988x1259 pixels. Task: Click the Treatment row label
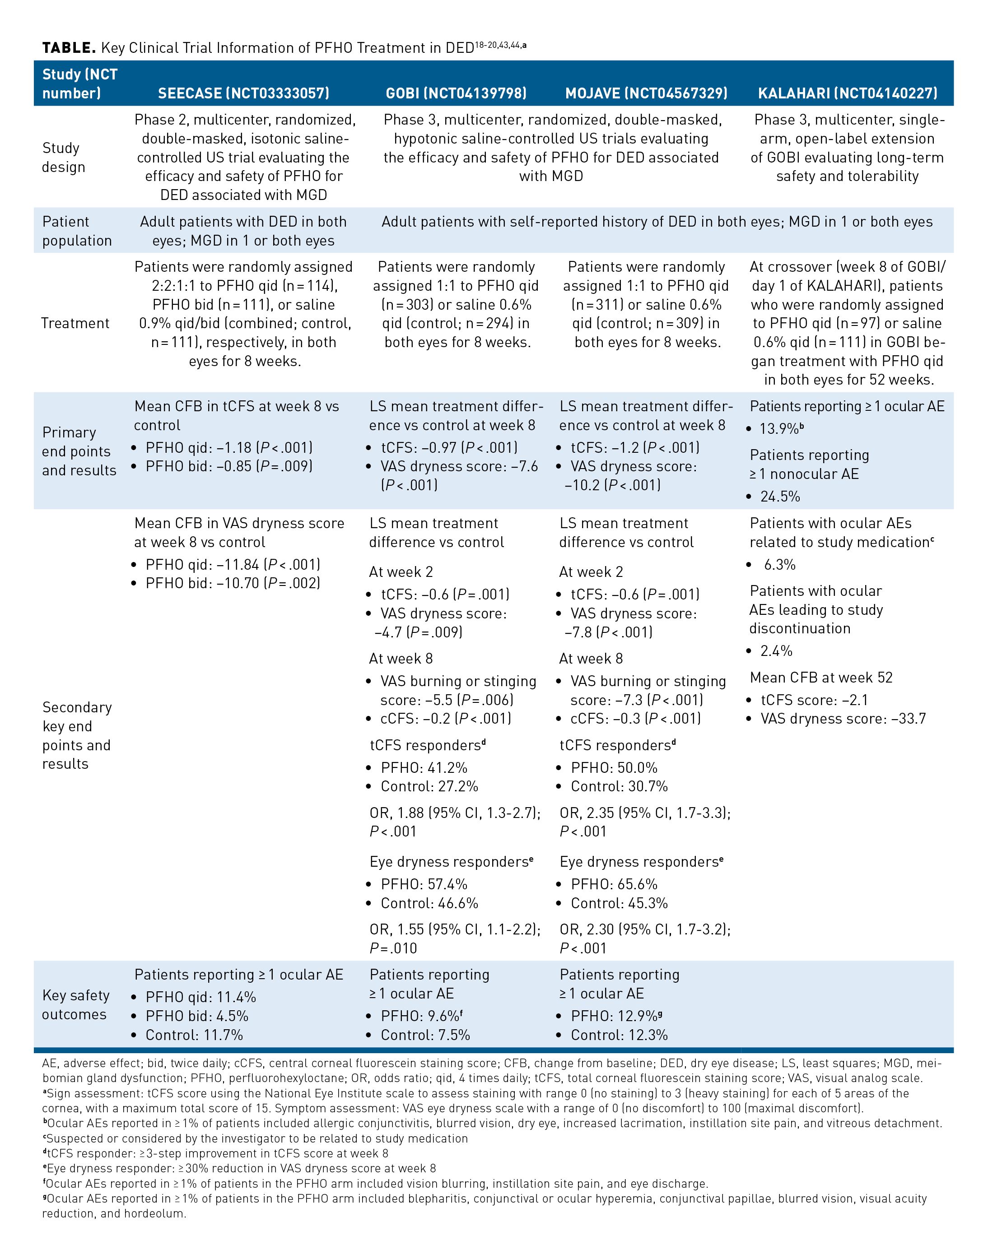tap(75, 323)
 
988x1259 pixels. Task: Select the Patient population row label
tap(77, 231)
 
